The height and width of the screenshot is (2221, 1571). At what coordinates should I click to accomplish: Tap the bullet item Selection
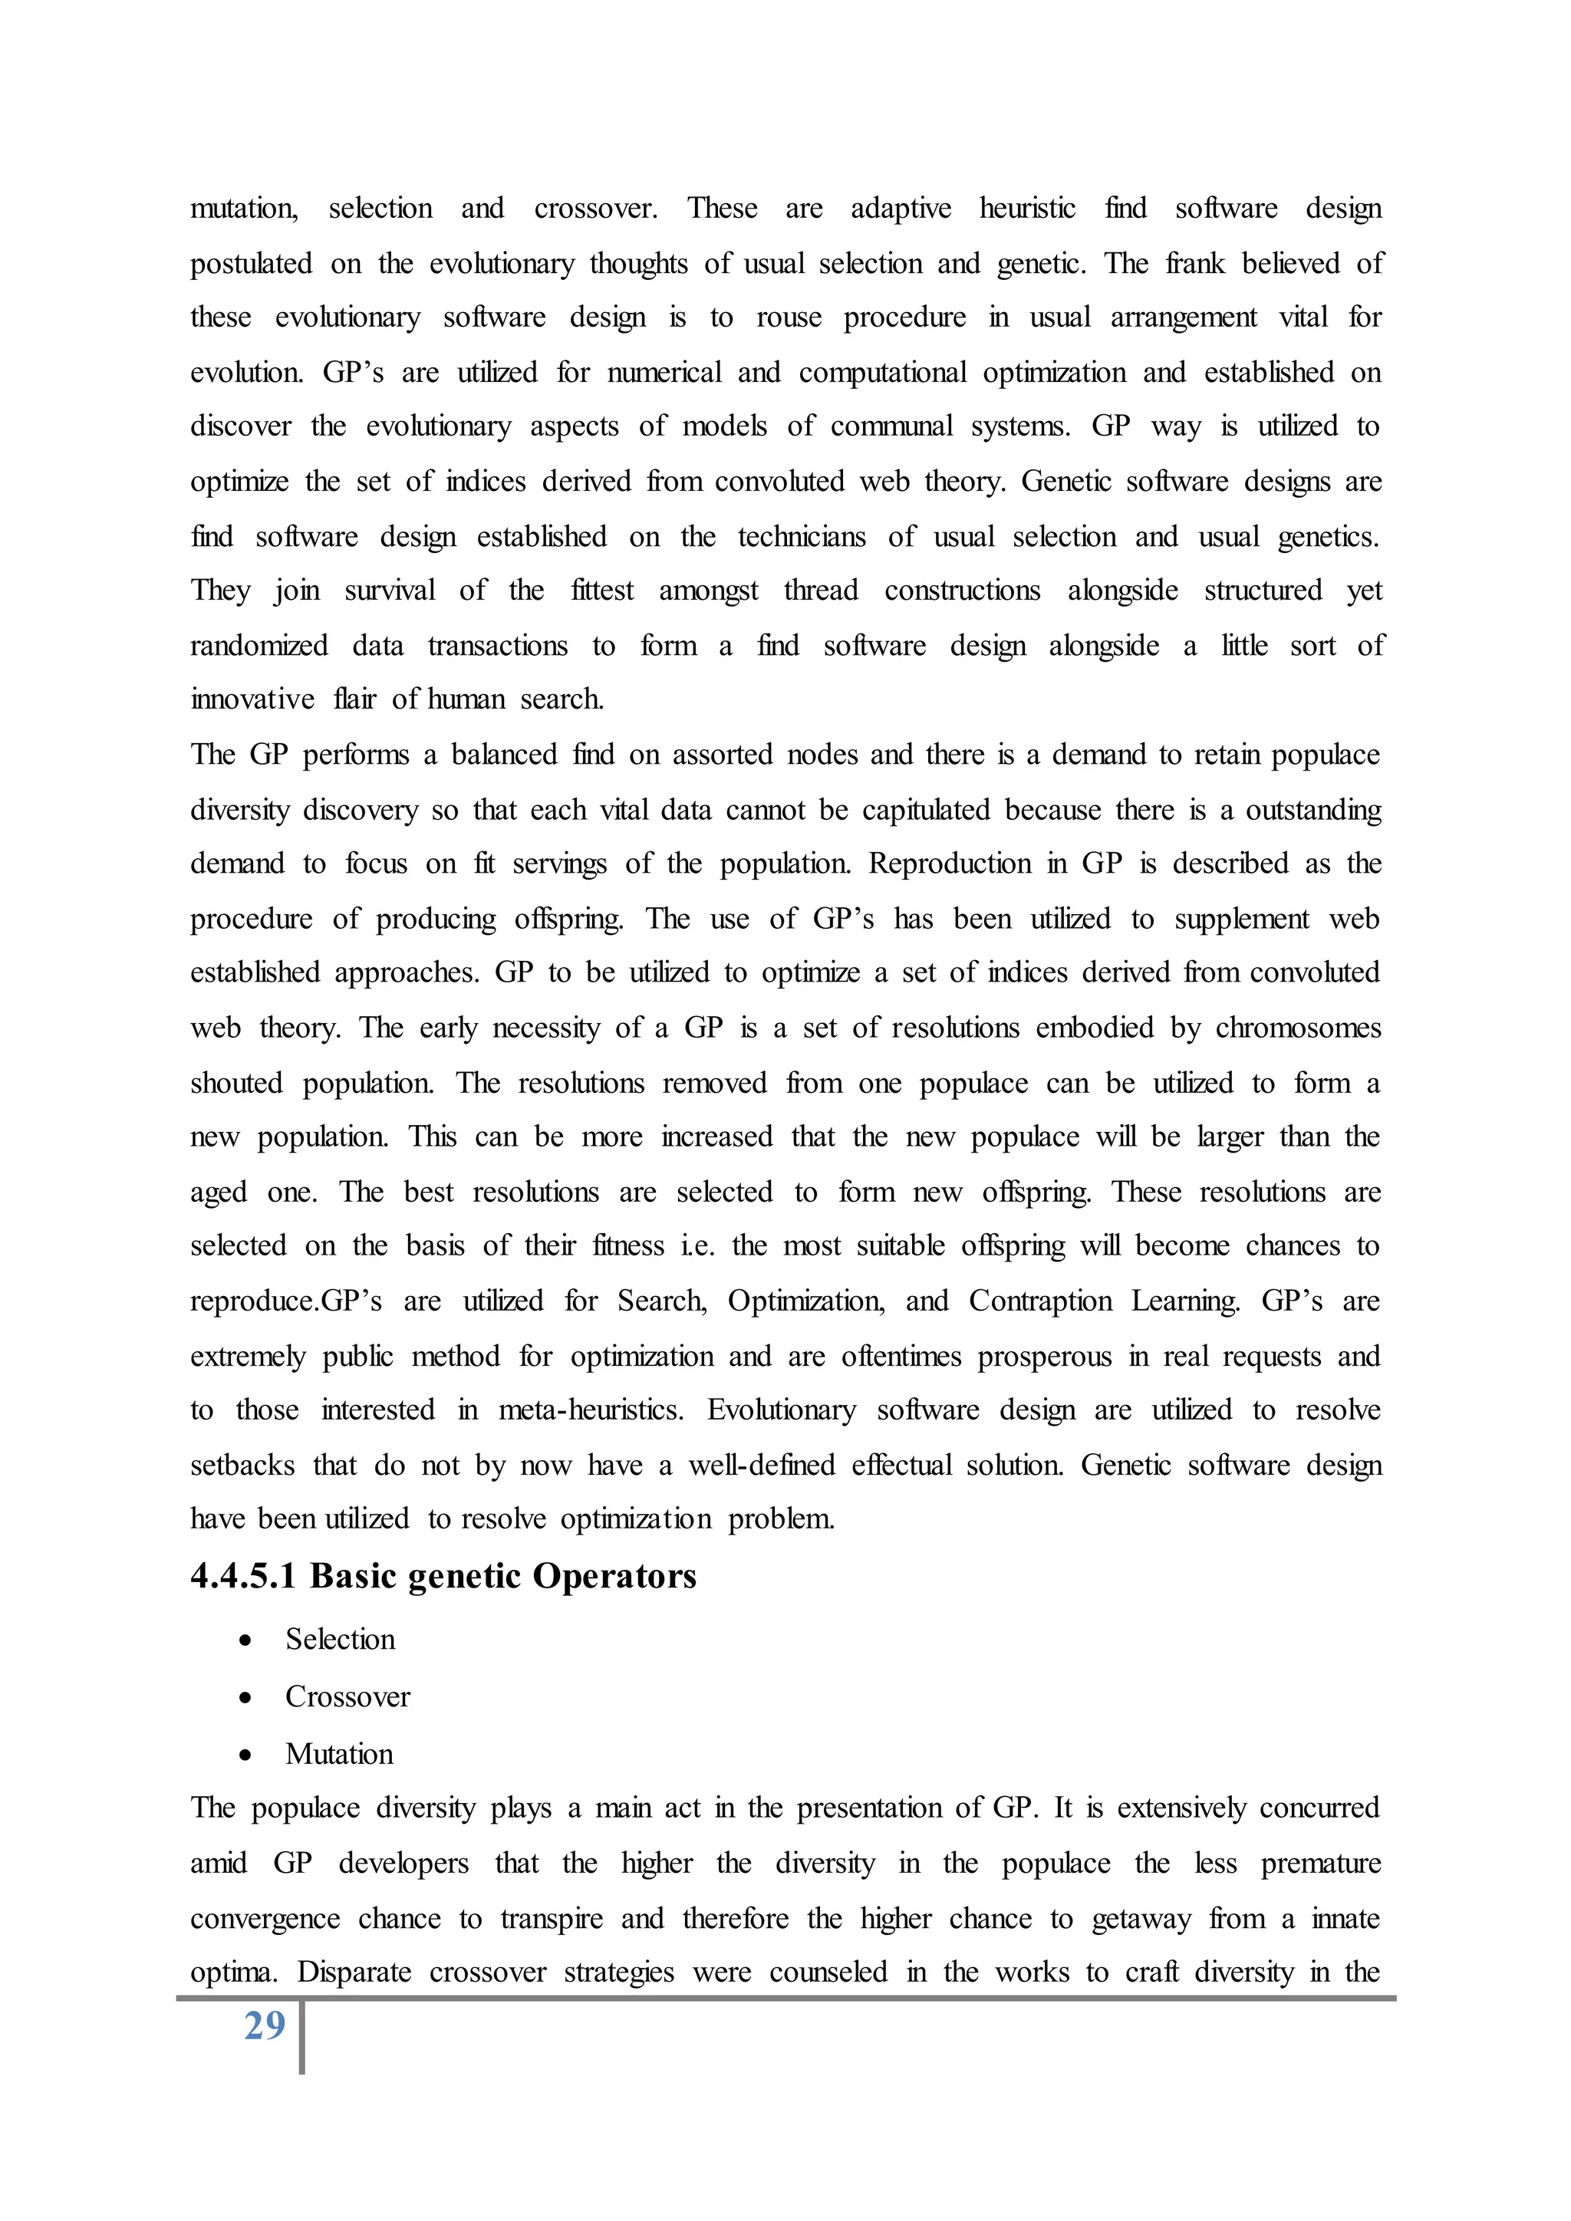(x=340, y=1640)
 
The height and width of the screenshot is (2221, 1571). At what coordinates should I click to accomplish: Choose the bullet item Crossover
(x=347, y=1696)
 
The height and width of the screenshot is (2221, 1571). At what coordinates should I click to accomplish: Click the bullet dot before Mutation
(x=245, y=1755)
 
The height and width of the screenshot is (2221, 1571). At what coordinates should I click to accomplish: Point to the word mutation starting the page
(x=244, y=209)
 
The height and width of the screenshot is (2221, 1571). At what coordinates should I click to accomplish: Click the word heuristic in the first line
(x=1026, y=209)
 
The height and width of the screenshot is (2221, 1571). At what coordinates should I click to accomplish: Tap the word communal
(x=891, y=426)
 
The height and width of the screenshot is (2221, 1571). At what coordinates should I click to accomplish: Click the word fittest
(x=601, y=590)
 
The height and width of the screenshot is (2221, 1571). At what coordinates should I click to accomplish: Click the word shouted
(x=236, y=1082)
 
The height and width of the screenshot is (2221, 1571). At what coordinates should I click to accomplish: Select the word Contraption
(x=1040, y=1301)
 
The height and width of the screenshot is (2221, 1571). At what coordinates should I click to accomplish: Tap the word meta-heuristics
(x=590, y=1410)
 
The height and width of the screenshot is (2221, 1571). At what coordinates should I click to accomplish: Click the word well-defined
(x=761, y=1466)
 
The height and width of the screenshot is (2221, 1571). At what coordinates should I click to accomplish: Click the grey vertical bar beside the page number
(x=301, y=2036)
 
